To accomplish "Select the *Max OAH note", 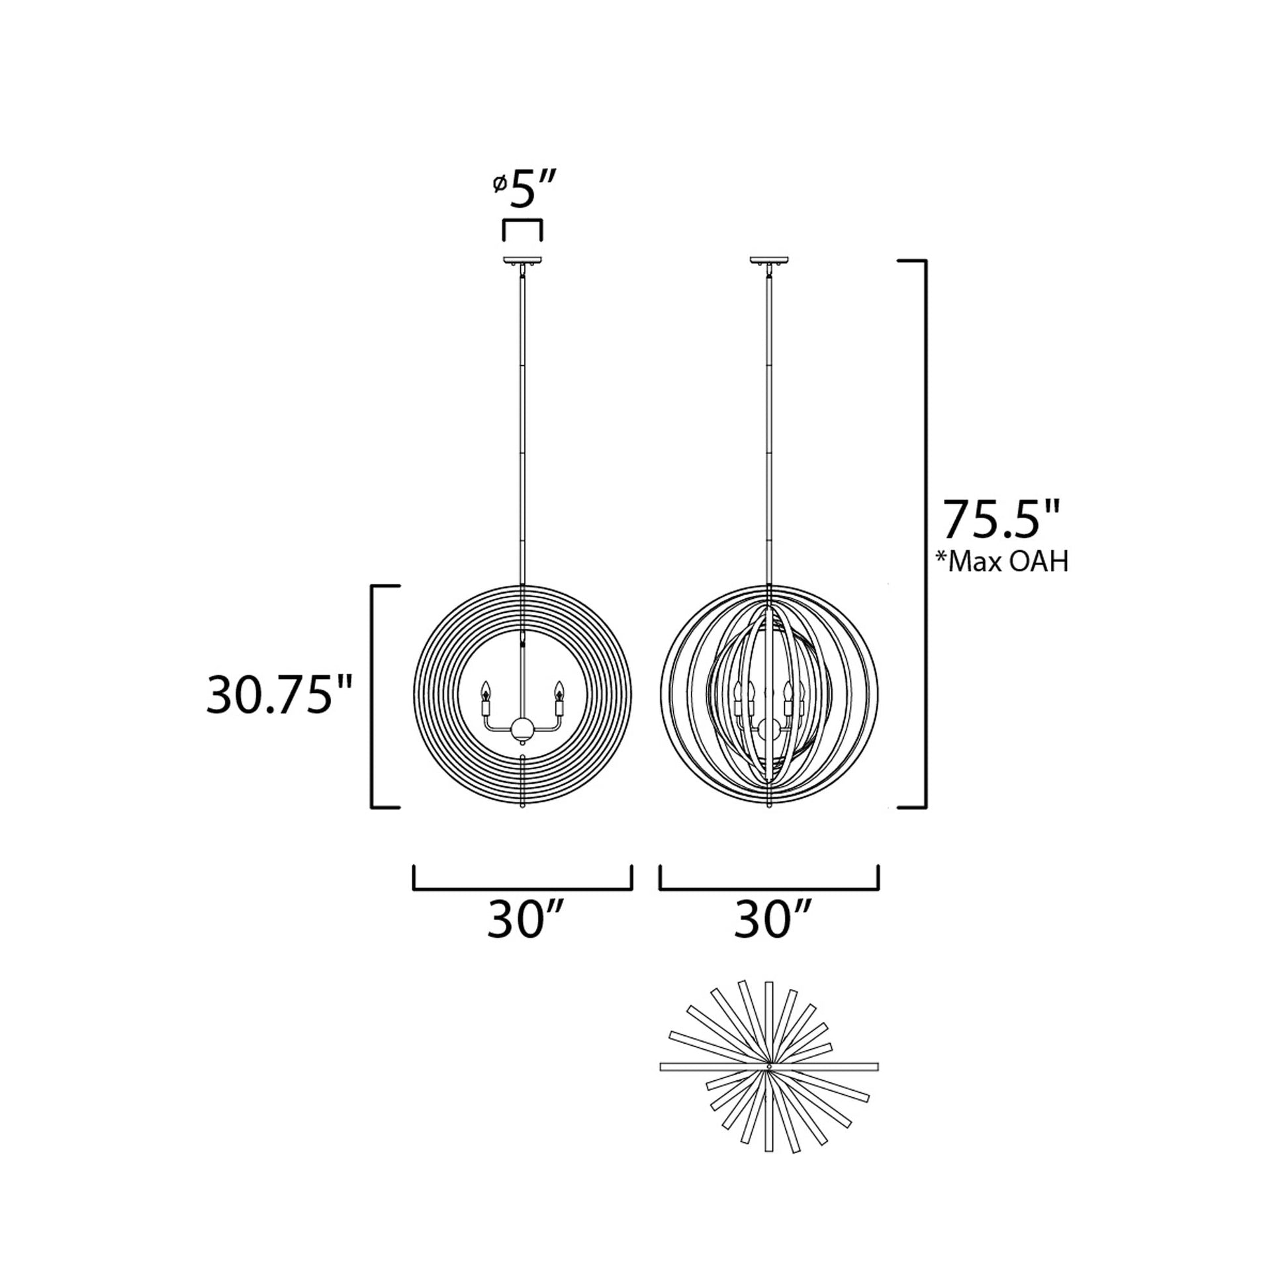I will tap(1003, 561).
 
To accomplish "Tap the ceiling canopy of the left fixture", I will tap(522, 260).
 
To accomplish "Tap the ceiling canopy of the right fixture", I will tap(769, 260).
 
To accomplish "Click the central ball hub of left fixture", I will tap(522, 729).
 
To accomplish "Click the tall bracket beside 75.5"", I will tap(924, 533).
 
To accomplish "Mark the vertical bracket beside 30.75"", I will tap(373, 697).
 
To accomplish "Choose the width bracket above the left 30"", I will tap(522, 888).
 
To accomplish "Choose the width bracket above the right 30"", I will tap(769, 888).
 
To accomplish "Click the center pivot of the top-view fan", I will tap(769, 1068).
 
